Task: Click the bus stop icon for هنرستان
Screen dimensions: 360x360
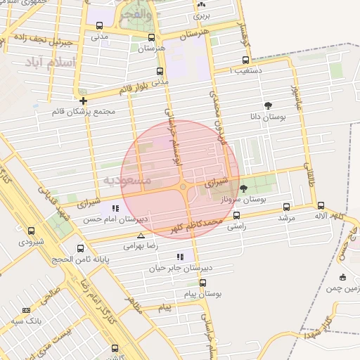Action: (151, 37)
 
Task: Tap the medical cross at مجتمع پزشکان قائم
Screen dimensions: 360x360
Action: (83, 101)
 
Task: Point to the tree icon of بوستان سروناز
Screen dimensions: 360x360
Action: (243, 188)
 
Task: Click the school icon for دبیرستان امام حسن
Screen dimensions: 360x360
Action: (115, 208)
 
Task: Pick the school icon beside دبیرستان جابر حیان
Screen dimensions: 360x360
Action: (179, 257)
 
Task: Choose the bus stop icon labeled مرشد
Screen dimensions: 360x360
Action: (285, 207)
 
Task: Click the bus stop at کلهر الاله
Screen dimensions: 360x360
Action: (321, 206)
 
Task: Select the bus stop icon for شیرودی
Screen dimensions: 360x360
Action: (30, 231)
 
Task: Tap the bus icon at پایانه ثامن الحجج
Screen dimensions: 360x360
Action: (80, 248)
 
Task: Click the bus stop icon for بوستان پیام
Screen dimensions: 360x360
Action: (202, 283)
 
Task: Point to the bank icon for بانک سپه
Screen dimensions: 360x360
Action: (27, 310)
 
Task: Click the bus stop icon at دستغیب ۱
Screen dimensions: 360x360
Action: (245, 60)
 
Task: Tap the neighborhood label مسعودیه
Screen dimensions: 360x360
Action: (127, 181)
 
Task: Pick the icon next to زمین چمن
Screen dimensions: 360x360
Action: (342, 277)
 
